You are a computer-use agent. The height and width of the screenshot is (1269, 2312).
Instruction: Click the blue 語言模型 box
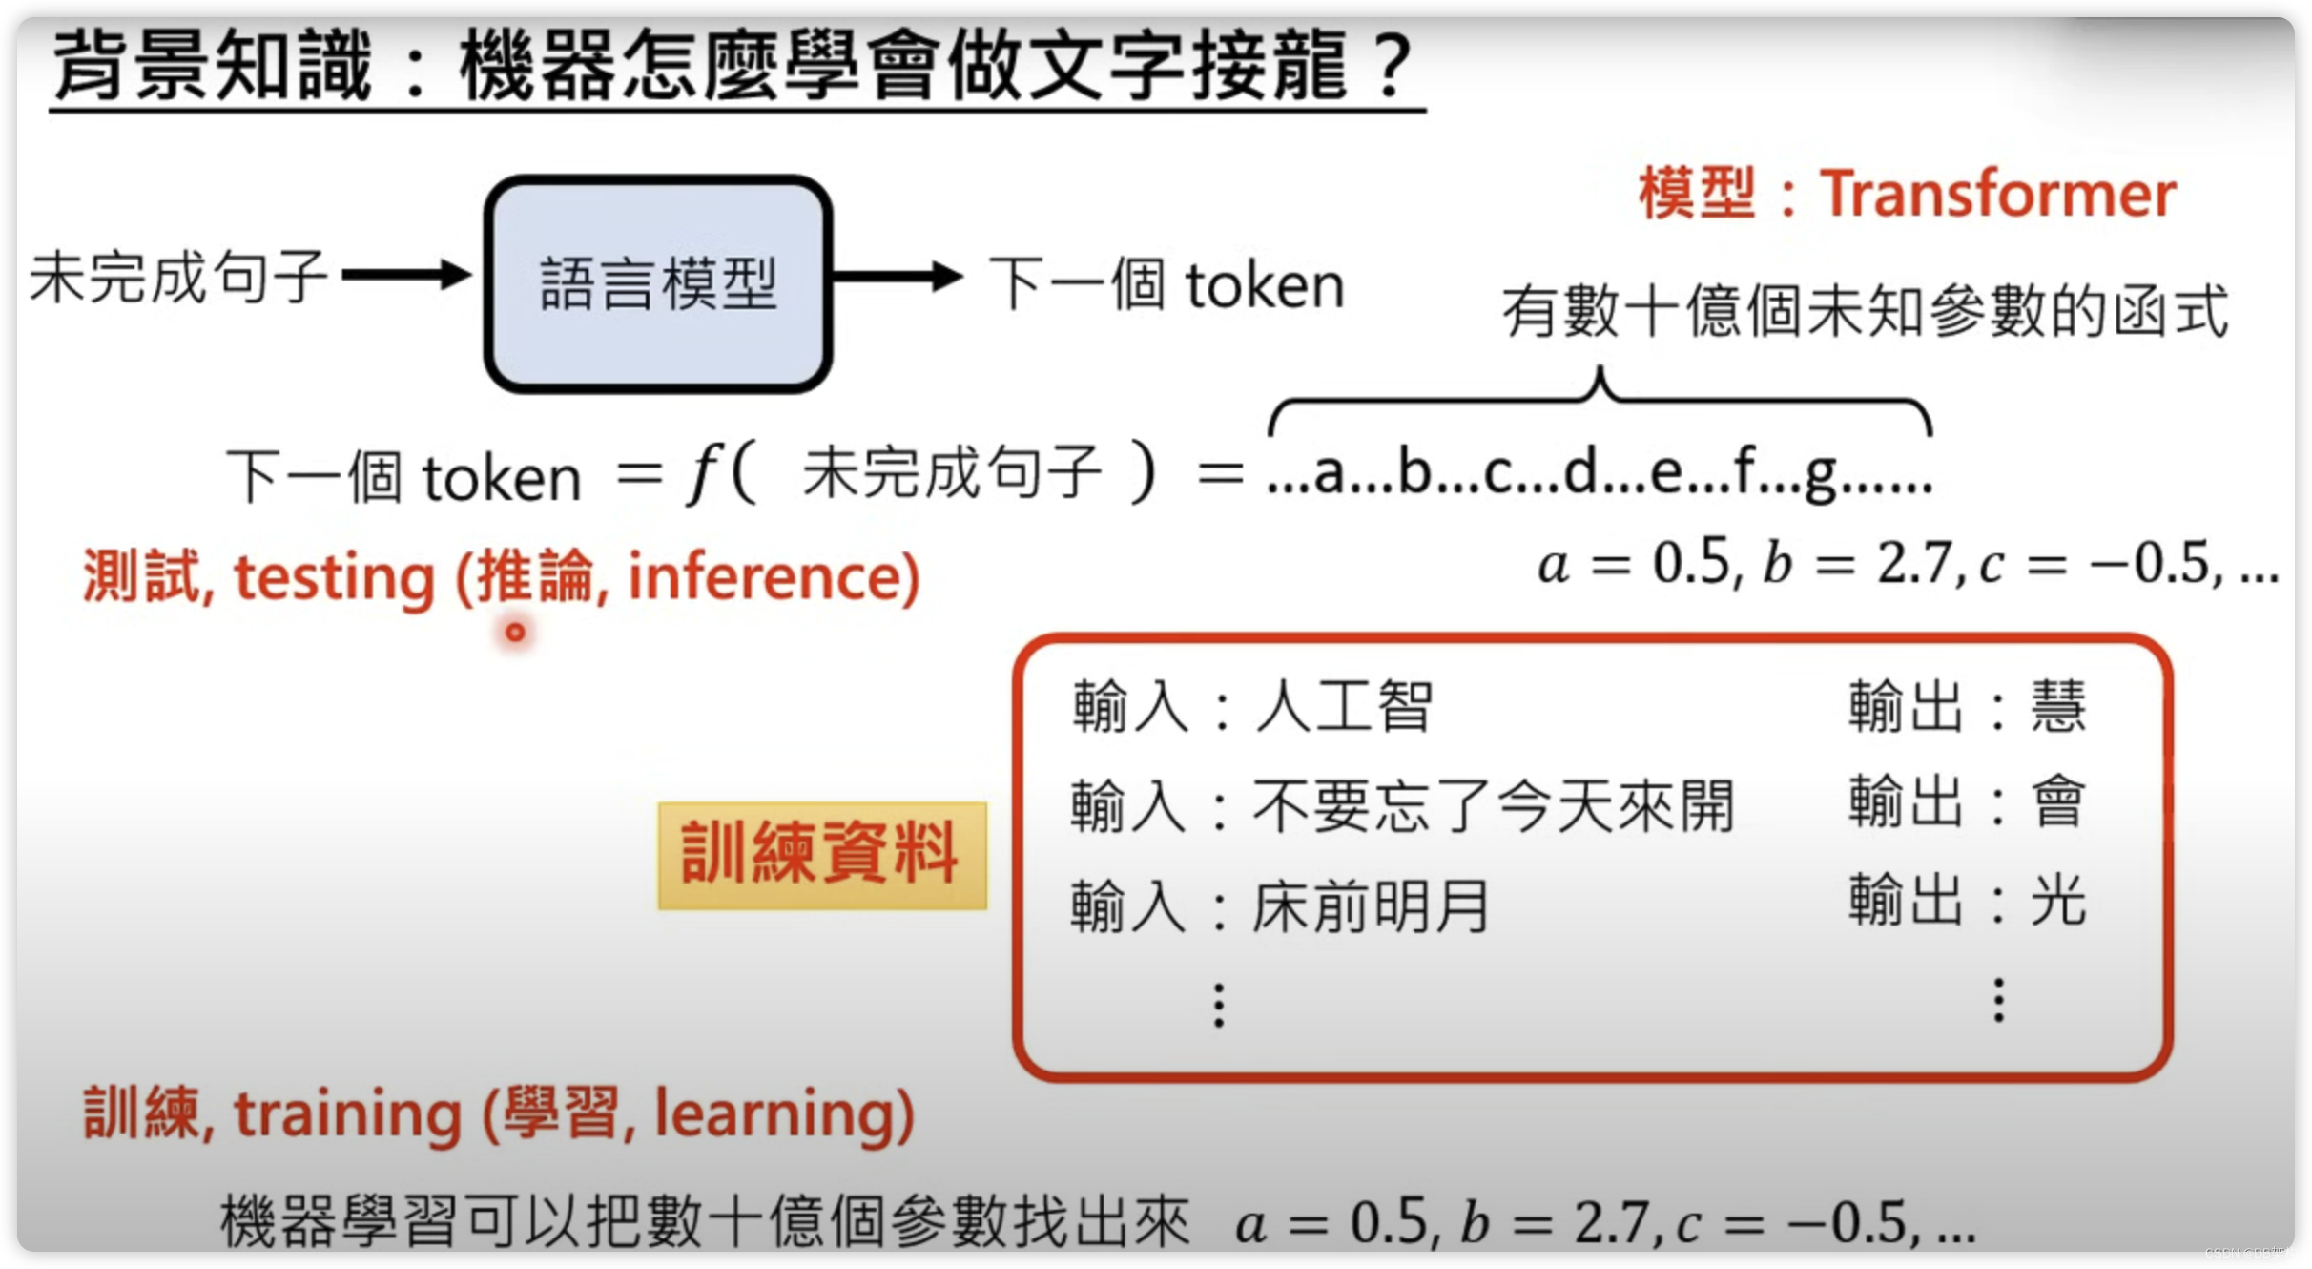click(658, 283)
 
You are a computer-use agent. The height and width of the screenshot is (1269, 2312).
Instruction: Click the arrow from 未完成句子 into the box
click(406, 276)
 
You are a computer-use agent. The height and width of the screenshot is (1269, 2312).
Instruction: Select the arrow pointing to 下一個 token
click(897, 276)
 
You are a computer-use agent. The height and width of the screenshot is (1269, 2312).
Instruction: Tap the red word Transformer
click(1997, 195)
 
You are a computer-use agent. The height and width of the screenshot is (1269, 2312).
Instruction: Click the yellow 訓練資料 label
click(821, 854)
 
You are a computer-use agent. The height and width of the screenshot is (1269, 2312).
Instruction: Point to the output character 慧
click(2058, 707)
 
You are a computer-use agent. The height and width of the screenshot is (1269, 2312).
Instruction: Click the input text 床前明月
click(1370, 905)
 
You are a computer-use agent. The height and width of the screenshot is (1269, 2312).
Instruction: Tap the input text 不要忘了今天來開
click(1493, 806)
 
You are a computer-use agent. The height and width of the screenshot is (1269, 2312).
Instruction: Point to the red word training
click(347, 1114)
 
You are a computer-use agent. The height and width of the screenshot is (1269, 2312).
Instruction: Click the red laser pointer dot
click(515, 632)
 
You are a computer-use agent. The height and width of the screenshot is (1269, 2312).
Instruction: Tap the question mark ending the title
click(1393, 65)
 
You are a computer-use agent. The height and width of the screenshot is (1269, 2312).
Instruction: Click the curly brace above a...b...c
click(1600, 401)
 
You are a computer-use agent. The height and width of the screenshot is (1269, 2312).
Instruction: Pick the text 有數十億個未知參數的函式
click(1865, 311)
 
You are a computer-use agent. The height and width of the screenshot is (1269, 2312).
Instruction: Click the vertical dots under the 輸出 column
click(1999, 1000)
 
